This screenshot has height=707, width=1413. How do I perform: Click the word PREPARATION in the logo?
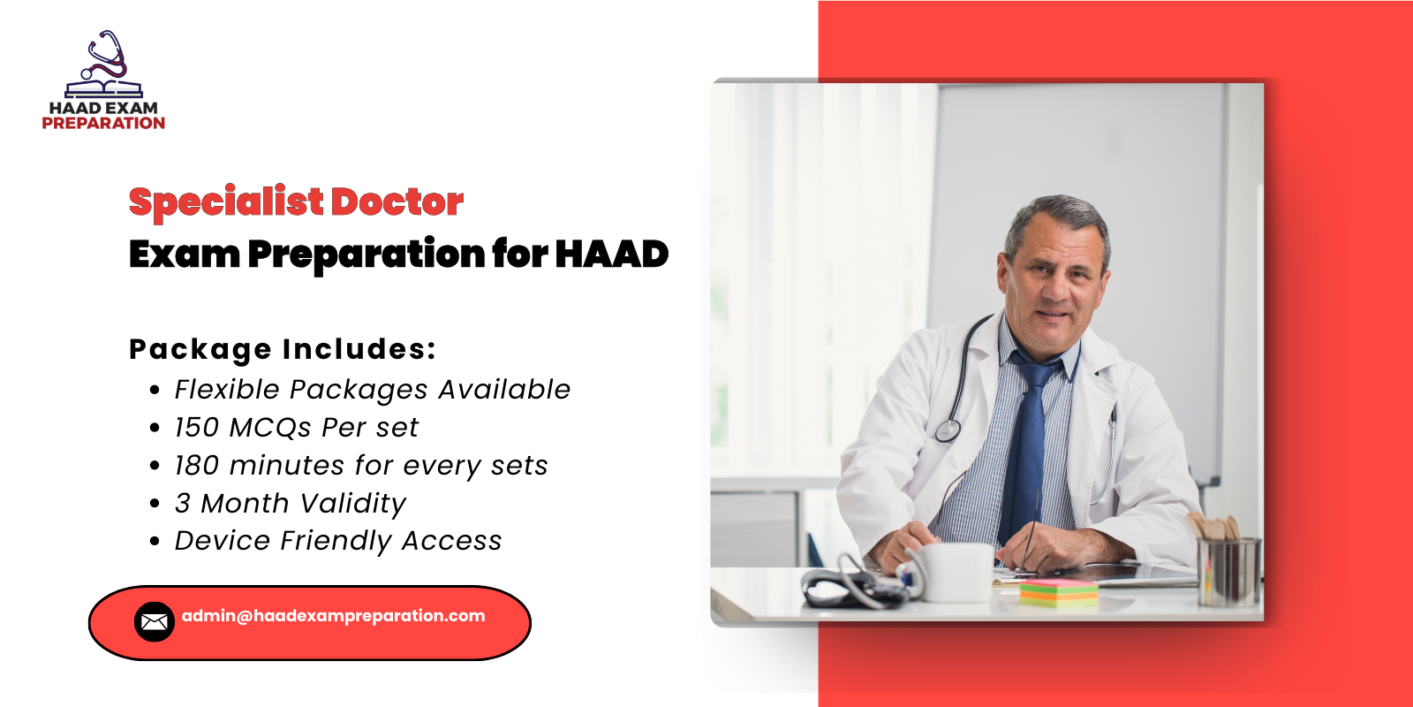pos(103,124)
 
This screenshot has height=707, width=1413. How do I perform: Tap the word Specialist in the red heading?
pos(226,202)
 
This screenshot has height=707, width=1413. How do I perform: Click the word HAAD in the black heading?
pos(611,255)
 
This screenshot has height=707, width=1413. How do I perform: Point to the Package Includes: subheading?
pos(283,349)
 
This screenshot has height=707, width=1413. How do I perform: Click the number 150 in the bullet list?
pos(197,428)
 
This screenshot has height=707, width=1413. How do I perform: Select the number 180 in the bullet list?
pos(197,466)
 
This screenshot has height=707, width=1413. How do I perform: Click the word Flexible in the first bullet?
pos(227,390)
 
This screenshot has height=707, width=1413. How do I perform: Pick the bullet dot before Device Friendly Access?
pos(155,542)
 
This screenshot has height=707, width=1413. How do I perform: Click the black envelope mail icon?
pos(154,621)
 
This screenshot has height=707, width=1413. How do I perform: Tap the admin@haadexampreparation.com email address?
pos(334,616)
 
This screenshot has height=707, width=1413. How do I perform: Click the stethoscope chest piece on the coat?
pos(948,430)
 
